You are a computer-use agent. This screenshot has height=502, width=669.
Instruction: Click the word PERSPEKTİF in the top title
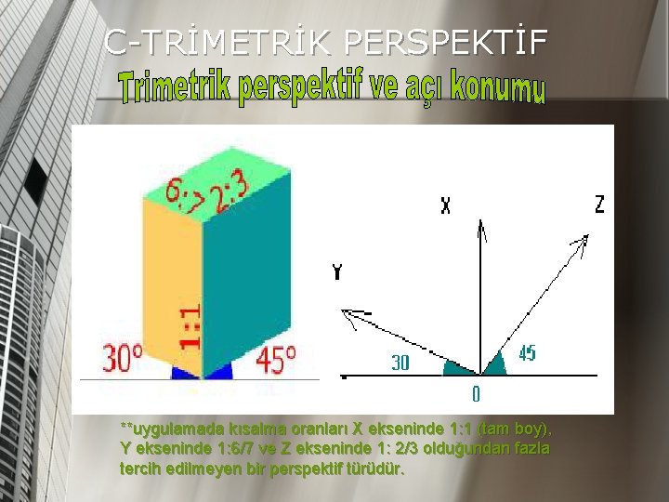coord(447,41)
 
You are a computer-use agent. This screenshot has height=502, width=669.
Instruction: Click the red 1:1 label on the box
coord(189,328)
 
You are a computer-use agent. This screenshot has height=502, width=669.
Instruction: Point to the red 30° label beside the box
coord(123,358)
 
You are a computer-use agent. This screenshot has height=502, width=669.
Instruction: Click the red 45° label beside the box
coord(275,358)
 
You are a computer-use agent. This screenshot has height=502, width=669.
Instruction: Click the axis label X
coord(446,206)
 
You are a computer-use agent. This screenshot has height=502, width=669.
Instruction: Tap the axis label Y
coord(336,272)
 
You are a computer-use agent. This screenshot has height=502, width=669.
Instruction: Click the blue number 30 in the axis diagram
coord(400,363)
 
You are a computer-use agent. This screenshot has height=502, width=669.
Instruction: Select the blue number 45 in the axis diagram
coord(526,354)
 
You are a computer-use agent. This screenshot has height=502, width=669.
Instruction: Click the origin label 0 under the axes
coord(476,395)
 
